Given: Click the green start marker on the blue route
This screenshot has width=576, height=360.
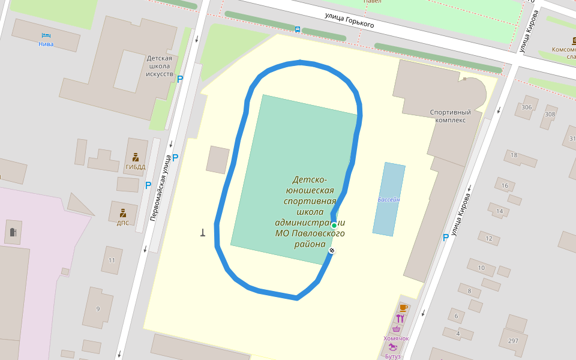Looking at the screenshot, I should click(334, 226).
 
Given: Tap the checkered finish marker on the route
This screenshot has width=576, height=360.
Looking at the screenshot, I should click(332, 250).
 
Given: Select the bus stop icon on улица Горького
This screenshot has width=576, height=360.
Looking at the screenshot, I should click(298, 29).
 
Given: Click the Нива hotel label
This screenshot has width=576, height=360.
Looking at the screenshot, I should click(46, 44).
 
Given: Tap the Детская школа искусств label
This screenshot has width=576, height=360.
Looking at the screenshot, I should click(160, 67).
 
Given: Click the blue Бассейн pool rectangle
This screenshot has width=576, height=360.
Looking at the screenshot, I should click(389, 199).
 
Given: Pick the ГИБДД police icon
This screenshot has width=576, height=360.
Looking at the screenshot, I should click(136, 158).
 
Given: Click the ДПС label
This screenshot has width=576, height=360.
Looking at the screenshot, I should click(123, 223).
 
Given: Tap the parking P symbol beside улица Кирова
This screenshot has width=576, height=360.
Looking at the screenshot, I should click(445, 238).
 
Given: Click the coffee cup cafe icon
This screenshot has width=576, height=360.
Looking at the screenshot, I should click(403, 307).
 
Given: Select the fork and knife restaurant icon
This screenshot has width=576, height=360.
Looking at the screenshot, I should click(400, 319).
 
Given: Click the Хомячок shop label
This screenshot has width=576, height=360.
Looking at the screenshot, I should click(396, 338).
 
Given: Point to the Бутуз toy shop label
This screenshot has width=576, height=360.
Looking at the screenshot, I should click(392, 356).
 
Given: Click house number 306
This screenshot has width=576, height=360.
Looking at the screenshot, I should click(527, 107).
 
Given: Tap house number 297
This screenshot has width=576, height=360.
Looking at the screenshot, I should click(513, 341).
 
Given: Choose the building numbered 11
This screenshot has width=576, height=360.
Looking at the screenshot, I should click(112, 260).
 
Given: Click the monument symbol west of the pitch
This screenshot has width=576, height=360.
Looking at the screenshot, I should click(203, 233).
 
